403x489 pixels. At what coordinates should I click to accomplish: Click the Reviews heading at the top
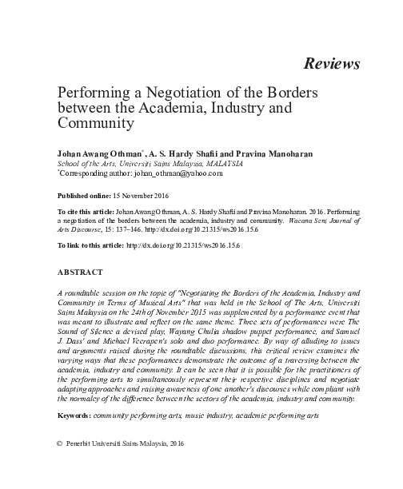point(331,63)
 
